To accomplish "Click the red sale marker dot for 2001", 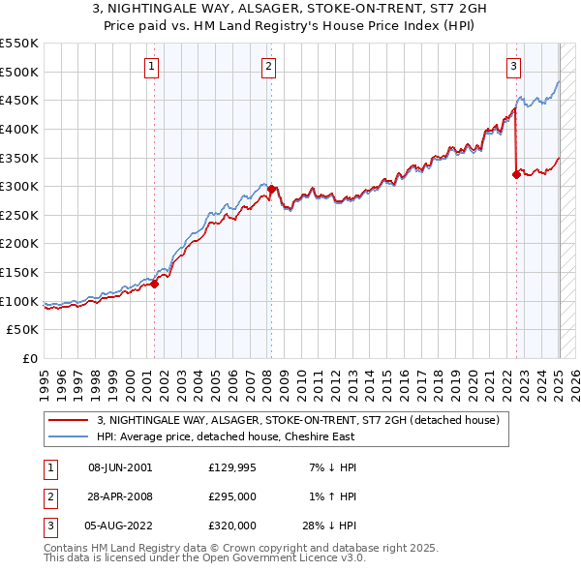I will [x=155, y=284].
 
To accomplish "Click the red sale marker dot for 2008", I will [x=272, y=190].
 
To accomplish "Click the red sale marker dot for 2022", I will [x=516, y=175].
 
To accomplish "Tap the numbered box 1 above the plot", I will [x=153, y=67].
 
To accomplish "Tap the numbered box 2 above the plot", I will [x=268, y=67].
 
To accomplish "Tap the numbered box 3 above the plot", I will [x=513, y=67].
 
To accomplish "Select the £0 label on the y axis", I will [x=29, y=358].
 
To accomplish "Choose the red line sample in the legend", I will [x=70, y=420].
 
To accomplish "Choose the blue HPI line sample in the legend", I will [x=70, y=436].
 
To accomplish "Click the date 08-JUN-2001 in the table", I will [x=120, y=467].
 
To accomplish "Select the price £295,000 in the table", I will [x=232, y=496].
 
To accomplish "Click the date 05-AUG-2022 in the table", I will [x=120, y=526].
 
